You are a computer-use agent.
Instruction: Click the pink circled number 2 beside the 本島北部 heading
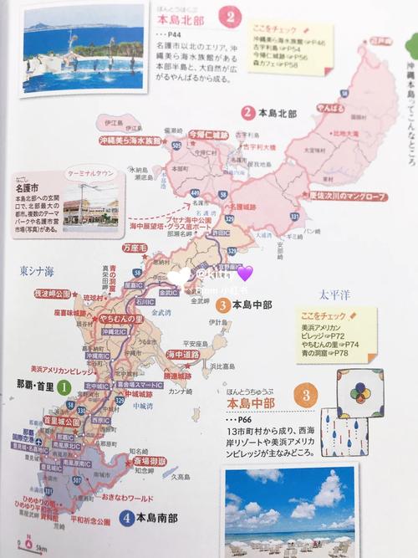point(231,16)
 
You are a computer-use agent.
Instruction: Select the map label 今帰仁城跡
point(207,133)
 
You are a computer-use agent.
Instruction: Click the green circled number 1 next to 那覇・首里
point(64,387)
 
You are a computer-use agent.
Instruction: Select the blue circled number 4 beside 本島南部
point(126,517)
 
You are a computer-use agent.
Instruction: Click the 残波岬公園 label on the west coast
point(53,294)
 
